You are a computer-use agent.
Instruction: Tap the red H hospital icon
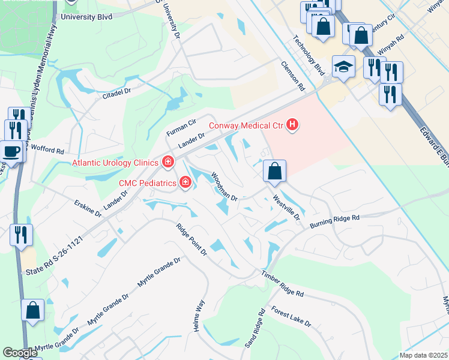[x=292, y=125]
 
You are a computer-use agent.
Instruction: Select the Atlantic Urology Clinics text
[x=115, y=162]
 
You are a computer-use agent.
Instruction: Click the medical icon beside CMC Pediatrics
[x=185, y=182]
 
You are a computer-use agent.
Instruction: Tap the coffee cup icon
[x=13, y=150]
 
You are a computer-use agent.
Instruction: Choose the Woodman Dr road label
[x=224, y=187]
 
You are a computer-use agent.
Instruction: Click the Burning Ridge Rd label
[x=334, y=221]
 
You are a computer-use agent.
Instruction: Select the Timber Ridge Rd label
[x=282, y=284]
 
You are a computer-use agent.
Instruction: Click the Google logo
[x=20, y=353]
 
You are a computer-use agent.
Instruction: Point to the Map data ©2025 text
[x=423, y=355]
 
